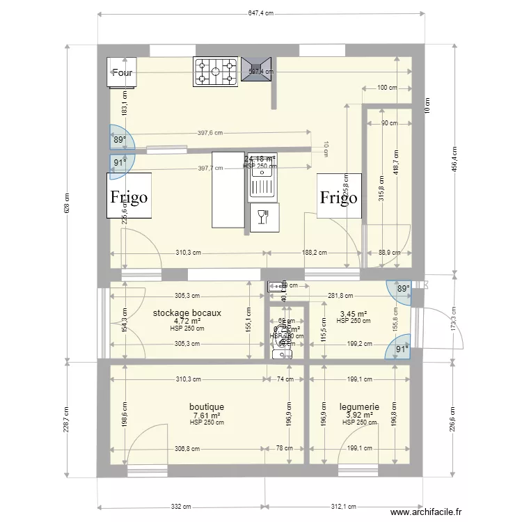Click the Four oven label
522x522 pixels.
(122, 72)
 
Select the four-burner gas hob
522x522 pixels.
(216, 71)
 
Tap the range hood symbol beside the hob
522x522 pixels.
(257, 70)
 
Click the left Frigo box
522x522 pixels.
(129, 196)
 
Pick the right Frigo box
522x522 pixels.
(339, 197)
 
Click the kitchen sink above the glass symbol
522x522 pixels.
(262, 184)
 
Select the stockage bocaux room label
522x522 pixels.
(187, 313)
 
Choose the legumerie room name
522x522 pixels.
(359, 406)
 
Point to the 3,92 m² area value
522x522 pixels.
(359, 416)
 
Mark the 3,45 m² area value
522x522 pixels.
(353, 315)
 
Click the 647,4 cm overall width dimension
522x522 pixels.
(261, 13)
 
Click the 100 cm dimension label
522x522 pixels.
(386, 88)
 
